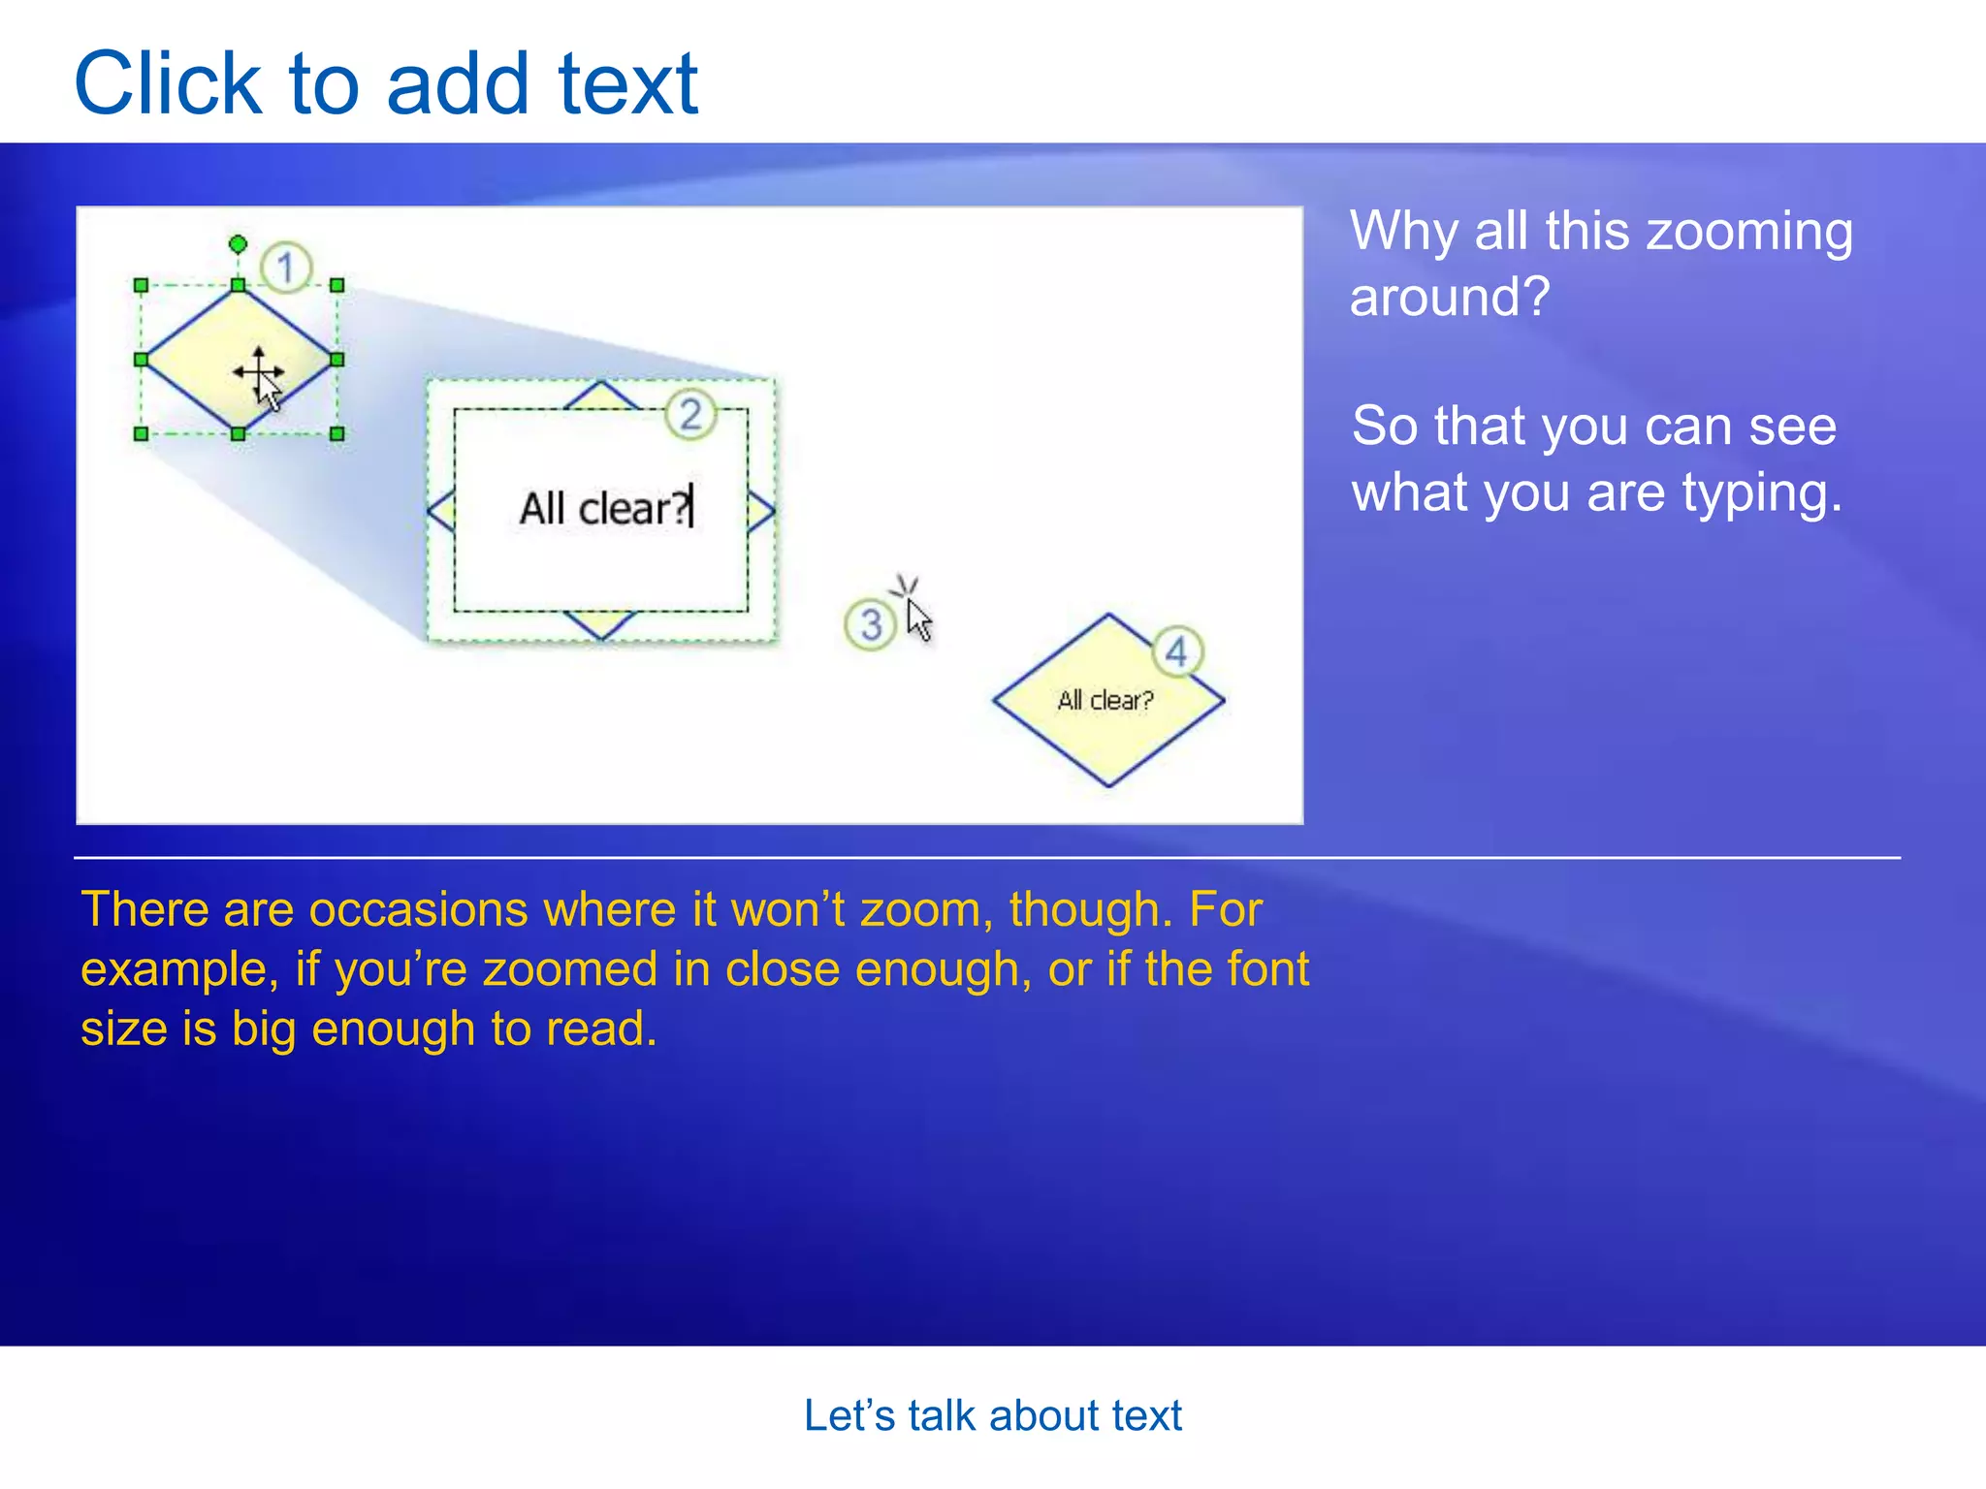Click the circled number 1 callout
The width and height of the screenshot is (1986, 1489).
[x=285, y=267]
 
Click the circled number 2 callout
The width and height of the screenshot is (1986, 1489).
[x=690, y=415]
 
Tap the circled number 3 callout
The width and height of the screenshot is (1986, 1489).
[x=870, y=625]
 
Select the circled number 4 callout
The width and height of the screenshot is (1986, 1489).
[x=1176, y=651]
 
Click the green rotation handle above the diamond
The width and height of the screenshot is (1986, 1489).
[x=238, y=243]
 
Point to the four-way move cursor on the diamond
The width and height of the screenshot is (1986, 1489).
[x=258, y=372]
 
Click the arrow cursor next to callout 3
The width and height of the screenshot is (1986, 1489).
[x=917, y=618]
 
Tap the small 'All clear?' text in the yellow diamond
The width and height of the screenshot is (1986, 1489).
[x=1105, y=700]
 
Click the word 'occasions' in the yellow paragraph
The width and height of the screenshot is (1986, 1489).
[x=418, y=910]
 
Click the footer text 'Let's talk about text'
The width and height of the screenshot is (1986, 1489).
[x=992, y=1415]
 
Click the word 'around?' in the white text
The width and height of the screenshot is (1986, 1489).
[x=1449, y=297]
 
